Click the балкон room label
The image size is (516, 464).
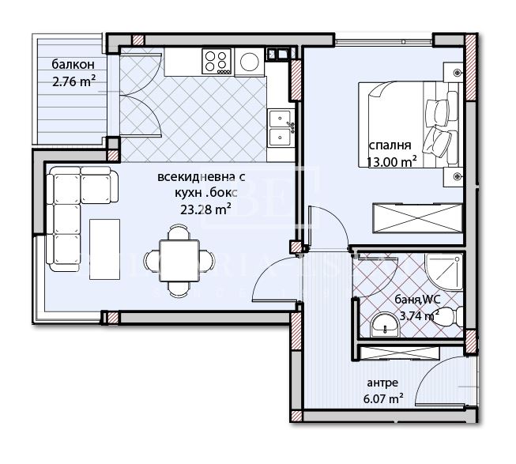point(73,66)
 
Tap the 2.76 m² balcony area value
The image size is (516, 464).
point(73,80)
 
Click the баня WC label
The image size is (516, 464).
point(417,300)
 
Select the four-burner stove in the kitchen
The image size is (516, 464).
point(217,60)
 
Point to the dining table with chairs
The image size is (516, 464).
point(179,258)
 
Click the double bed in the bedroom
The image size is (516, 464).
point(409,123)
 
